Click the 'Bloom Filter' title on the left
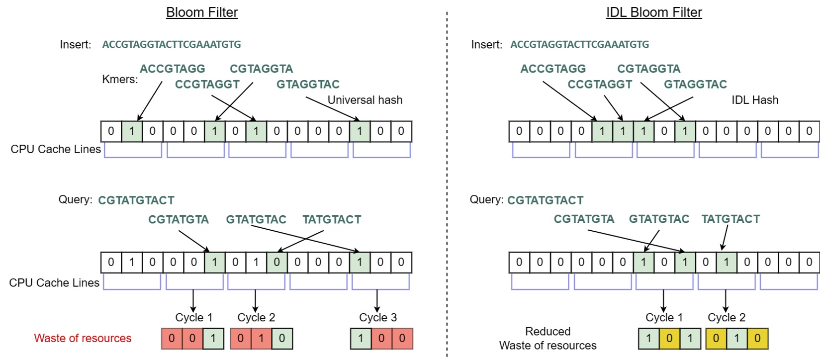click(202, 12)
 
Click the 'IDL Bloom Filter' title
click(653, 12)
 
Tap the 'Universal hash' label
click(365, 100)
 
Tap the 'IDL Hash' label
click(754, 100)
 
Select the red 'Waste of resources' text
click(83, 338)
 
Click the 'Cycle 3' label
click(377, 317)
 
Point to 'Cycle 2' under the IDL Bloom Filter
click(726, 317)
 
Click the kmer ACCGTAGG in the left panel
click(172, 69)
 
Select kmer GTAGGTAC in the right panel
click(695, 84)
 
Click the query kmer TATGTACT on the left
click(332, 219)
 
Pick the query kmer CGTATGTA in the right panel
click(584, 219)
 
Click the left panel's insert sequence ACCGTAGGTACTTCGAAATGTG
click(172, 44)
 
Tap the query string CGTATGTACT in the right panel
click(545, 200)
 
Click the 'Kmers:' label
click(120, 79)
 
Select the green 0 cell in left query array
click(276, 262)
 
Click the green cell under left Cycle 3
click(361, 339)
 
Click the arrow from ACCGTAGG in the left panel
click(150, 101)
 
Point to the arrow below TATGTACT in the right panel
click(725, 238)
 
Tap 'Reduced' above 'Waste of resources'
click(547, 331)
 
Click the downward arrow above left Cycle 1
click(193, 300)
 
